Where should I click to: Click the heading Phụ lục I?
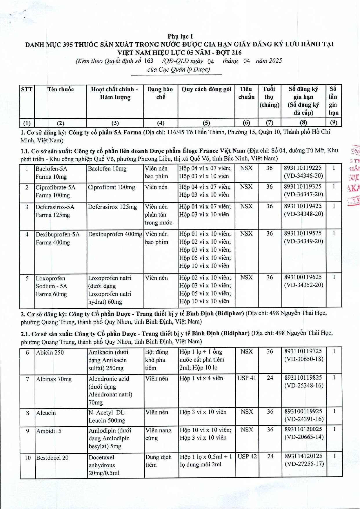[x=180, y=36]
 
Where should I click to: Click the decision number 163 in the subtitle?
[x=149, y=61]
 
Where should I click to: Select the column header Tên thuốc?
[x=61, y=89]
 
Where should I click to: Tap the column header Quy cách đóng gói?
[x=206, y=89]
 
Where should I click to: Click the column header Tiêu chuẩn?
[x=246, y=93]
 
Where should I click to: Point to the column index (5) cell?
[x=206, y=123]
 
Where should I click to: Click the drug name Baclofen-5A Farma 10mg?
[x=51, y=173]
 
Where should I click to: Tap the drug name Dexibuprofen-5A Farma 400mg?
[x=57, y=238]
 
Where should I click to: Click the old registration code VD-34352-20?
[x=303, y=285]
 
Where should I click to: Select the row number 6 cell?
[x=28, y=352]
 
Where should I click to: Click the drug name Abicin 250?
[x=50, y=352]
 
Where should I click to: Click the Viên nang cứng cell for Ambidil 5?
[x=158, y=434]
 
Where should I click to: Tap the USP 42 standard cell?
[x=247, y=457]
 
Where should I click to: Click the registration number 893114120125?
[x=303, y=457]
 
